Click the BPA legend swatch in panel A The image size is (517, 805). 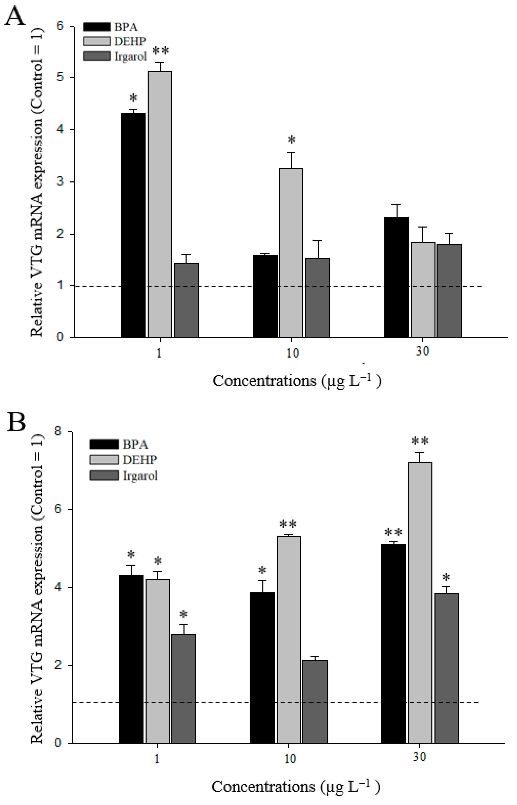click(x=97, y=27)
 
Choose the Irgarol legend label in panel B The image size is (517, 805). click(x=140, y=476)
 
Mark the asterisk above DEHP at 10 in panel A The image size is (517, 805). click(x=291, y=140)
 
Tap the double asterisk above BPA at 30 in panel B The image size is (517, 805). click(x=393, y=532)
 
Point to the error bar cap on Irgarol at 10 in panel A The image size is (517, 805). click(x=318, y=240)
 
